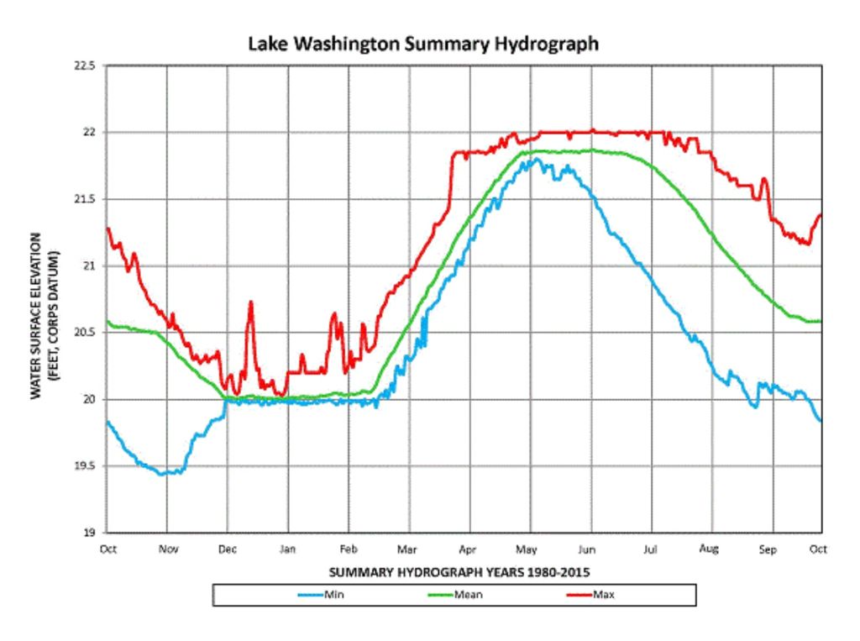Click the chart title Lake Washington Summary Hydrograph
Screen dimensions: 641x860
click(x=423, y=44)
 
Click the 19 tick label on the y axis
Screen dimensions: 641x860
click(x=91, y=533)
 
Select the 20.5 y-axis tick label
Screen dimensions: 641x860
click(x=86, y=333)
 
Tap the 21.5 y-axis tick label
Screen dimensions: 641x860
click(x=86, y=199)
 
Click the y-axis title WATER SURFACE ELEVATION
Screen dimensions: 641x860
click(x=37, y=316)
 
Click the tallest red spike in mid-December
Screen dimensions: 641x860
click(x=250, y=302)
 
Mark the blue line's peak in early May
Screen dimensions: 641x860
click(x=532, y=158)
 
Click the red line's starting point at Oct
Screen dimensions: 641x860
click(x=107, y=227)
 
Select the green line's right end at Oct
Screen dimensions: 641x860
click(x=820, y=321)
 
